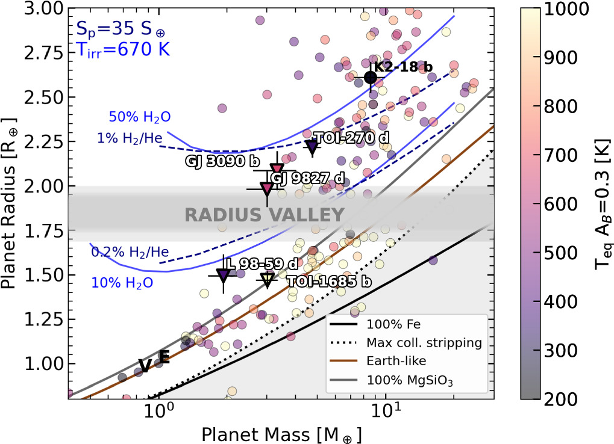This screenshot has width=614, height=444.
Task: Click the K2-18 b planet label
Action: pos(403,67)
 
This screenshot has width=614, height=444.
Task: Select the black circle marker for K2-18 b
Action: pos(371,78)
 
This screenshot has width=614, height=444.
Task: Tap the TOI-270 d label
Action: pos(351,138)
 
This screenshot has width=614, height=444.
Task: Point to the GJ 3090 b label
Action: pos(222,161)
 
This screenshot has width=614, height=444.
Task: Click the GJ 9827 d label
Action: pos(308,178)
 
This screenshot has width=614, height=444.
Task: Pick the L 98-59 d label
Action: pos(262,264)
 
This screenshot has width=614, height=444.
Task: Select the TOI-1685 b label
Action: pos(329,282)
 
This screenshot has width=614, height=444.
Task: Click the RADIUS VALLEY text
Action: pos(265,215)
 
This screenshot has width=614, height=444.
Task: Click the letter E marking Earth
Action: pos(164,356)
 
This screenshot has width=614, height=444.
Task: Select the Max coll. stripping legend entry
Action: pos(406,342)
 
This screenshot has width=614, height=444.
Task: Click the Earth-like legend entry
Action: pos(378,360)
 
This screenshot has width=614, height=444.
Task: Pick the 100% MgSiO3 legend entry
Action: pos(392,380)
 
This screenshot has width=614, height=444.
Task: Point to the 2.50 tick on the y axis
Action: pos(43,97)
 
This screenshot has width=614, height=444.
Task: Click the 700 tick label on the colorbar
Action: pos(561,155)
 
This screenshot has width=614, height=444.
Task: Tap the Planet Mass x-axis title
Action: pos(281,434)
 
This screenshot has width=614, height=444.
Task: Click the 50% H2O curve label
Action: pos(140,117)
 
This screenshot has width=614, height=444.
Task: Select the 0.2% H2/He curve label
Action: pos(130,252)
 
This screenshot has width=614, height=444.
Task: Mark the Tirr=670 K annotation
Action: pos(123,50)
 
